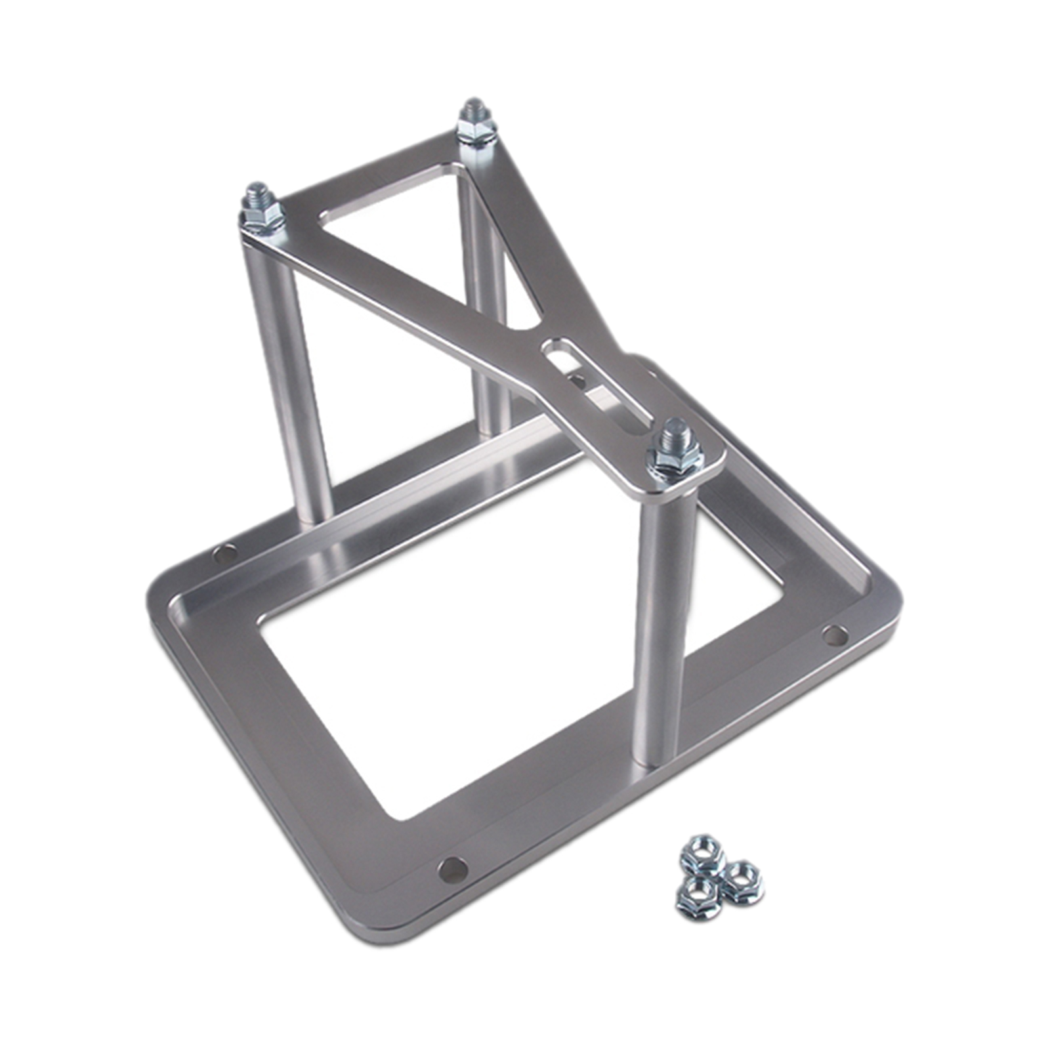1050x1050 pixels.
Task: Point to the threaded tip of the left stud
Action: tap(258, 191)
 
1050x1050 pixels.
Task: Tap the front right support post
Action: tap(663, 630)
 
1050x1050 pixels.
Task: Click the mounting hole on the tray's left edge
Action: tap(225, 554)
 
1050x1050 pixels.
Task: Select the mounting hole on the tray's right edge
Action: tap(834, 635)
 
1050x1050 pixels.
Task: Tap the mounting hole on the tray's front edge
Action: tap(453, 870)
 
